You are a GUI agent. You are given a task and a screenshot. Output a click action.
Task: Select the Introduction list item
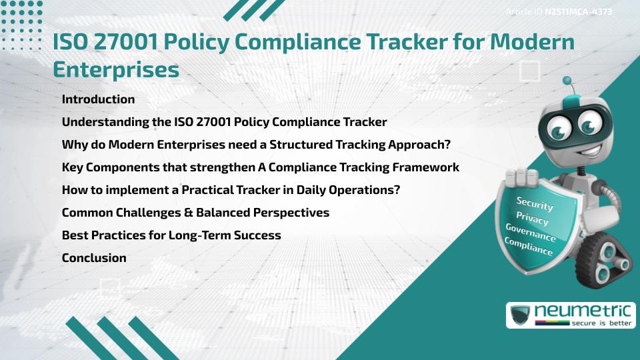coord(98,99)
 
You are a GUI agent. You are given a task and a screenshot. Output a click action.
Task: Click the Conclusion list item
coord(94,257)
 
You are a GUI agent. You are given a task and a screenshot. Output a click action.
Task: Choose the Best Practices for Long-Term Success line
coord(171,235)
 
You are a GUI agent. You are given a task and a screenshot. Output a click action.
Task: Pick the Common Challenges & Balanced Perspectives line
coord(195,213)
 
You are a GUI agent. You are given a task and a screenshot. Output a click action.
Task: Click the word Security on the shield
coord(535,203)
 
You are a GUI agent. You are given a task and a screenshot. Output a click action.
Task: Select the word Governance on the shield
coord(530,233)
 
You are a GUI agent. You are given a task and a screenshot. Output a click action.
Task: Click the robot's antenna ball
coord(567,81)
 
